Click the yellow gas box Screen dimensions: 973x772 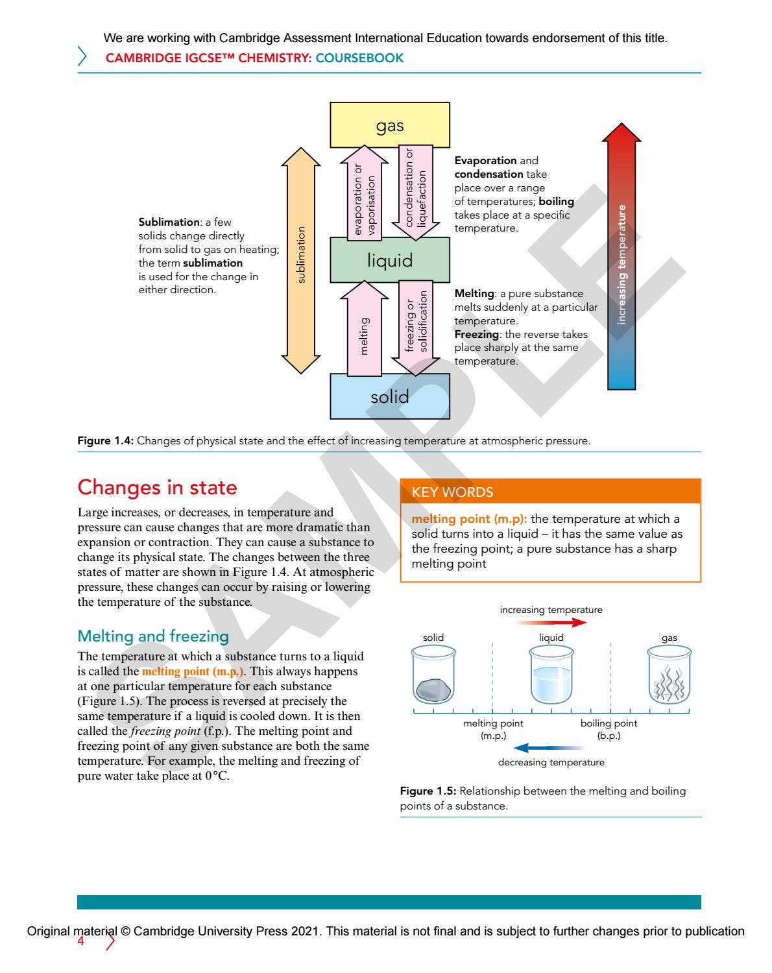[389, 125]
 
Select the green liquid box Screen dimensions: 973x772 [389, 260]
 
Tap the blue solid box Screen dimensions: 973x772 [389, 396]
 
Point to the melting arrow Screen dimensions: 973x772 [364, 329]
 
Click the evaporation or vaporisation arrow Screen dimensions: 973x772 [364, 192]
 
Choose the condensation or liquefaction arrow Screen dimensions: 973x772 [416, 192]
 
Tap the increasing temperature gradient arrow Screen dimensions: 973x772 [621, 259]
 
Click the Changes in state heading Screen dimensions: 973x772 [157, 487]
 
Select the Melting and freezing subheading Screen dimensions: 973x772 [153, 636]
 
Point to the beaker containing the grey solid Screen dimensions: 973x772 [433, 676]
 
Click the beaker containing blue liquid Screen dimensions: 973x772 [551, 676]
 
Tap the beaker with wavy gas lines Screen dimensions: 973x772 [669, 676]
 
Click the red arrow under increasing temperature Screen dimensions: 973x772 [551, 623]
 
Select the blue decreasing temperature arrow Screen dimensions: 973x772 [551, 748]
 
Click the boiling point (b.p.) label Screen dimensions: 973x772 [609, 729]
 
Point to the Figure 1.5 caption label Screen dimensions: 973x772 [428, 791]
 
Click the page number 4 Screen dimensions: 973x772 [81, 941]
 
